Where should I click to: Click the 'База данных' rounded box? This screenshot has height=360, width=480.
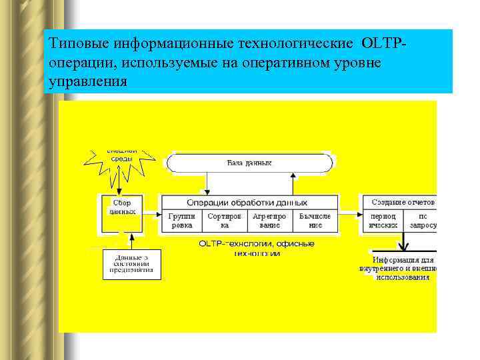tap(249, 163)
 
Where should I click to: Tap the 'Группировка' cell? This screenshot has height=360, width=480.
tap(181, 221)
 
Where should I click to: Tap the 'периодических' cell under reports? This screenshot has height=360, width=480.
tap(383, 221)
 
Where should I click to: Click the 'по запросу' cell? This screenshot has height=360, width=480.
tap(423, 221)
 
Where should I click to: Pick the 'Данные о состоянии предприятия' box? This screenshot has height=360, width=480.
tap(132, 264)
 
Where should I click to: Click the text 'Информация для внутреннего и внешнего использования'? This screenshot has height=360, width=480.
tap(403, 268)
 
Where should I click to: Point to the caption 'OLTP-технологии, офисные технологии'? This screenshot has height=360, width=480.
tap(256, 249)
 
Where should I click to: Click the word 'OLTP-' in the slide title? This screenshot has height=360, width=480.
tap(384, 43)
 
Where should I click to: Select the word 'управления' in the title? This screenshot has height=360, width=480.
tap(87, 81)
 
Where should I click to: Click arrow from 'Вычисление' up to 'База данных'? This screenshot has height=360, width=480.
tap(293, 183)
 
